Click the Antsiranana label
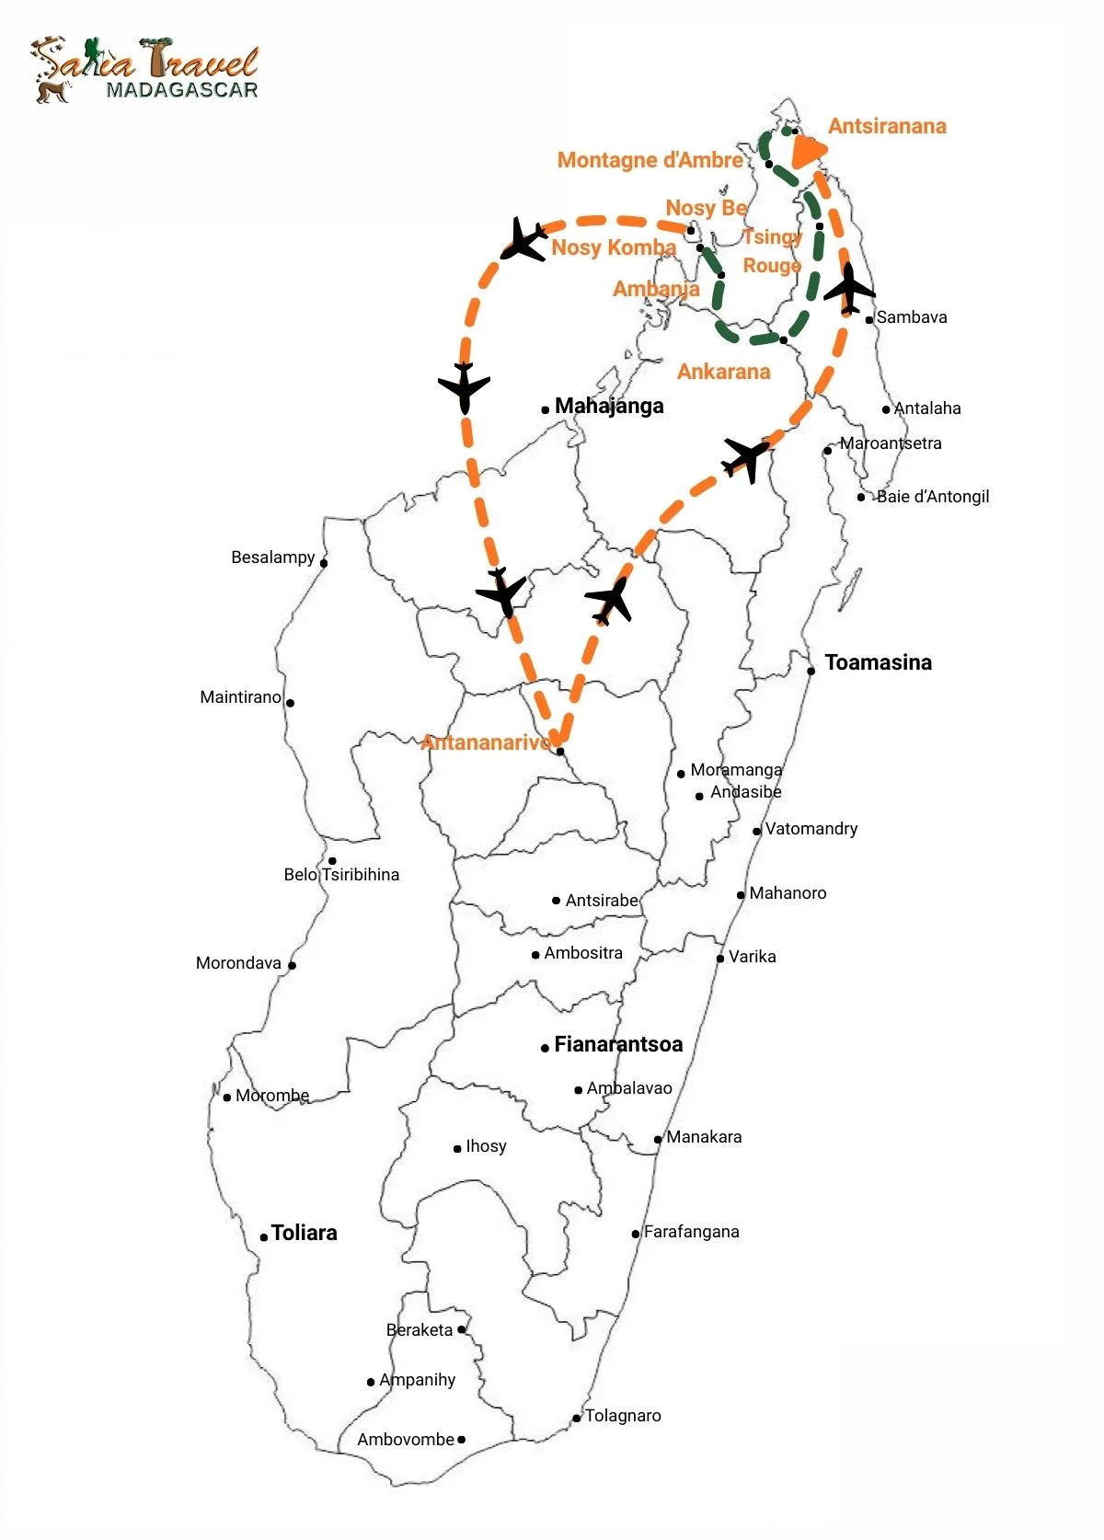click(x=887, y=126)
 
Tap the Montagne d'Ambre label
click(x=650, y=160)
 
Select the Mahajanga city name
click(x=609, y=406)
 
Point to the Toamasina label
click(x=878, y=662)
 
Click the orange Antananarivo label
click(x=486, y=742)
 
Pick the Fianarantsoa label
click(x=618, y=1044)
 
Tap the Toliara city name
click(x=304, y=1233)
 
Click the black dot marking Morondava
click(x=292, y=965)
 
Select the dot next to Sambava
click(x=868, y=320)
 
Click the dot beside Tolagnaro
click(x=577, y=1418)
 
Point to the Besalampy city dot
click(x=323, y=562)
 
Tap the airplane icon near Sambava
click(x=848, y=289)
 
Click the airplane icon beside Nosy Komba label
click(x=523, y=240)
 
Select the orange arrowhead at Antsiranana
click(x=807, y=152)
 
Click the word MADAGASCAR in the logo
click(x=181, y=90)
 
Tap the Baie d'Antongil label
click(x=932, y=497)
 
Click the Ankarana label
click(x=723, y=372)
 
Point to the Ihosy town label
click(x=486, y=1146)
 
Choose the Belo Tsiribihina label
click(x=341, y=875)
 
